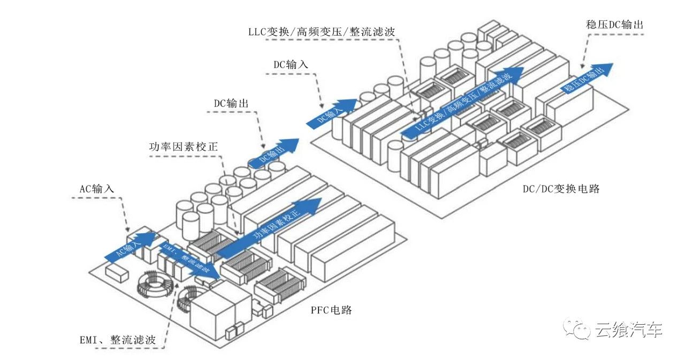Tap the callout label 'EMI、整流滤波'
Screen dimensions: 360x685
tap(117, 339)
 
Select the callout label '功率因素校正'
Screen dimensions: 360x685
tap(183, 145)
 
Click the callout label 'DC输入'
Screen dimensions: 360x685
tap(291, 64)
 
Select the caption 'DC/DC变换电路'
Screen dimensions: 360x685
tap(561, 188)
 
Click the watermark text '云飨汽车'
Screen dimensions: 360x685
tap(628, 330)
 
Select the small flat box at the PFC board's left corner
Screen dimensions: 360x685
tap(117, 272)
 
